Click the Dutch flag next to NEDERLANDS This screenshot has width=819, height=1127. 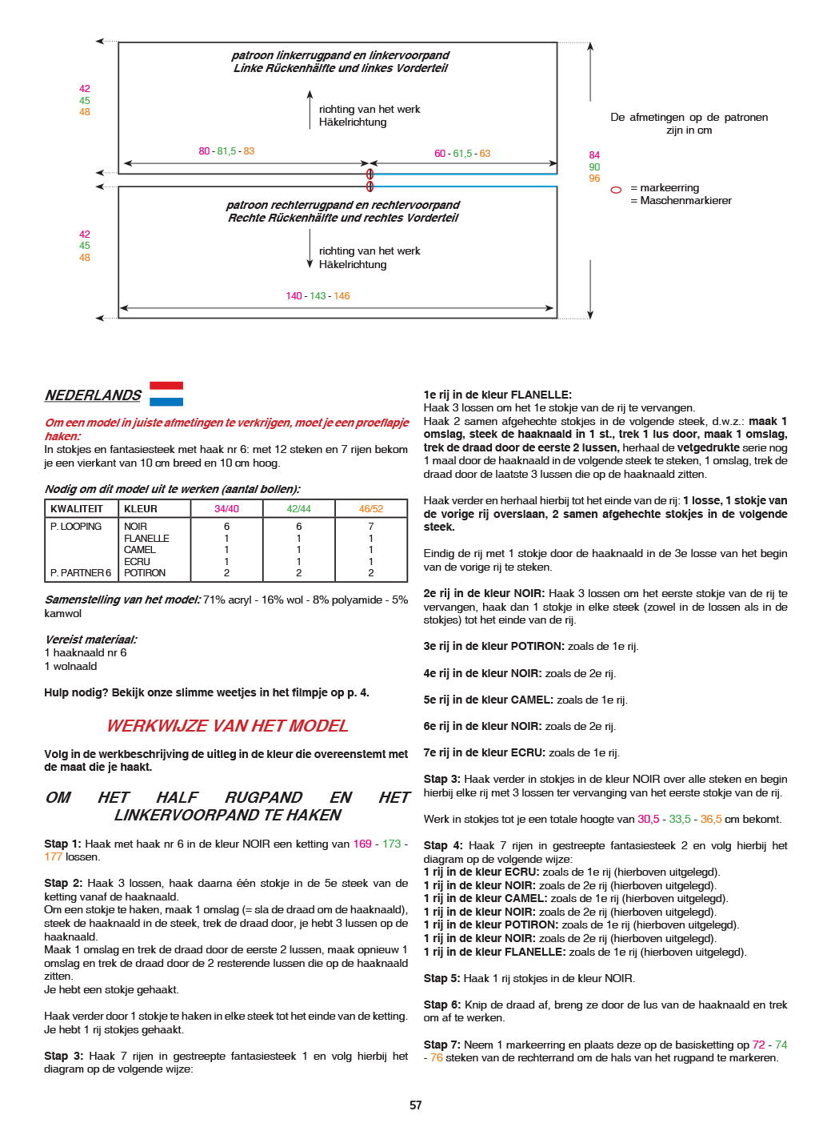click(166, 394)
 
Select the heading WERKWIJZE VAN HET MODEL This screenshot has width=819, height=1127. click(227, 726)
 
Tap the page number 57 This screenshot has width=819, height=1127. click(416, 1105)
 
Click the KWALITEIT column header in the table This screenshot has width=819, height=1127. click(77, 509)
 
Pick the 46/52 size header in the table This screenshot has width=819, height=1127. click(371, 509)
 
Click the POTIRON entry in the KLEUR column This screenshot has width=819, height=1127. click(145, 573)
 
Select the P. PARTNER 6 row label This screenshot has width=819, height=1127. click(81, 573)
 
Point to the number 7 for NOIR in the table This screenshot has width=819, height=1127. click(371, 527)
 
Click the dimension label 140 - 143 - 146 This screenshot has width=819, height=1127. click(318, 296)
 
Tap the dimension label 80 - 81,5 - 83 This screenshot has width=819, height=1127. click(226, 151)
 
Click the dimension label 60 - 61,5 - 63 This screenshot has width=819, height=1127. click(462, 154)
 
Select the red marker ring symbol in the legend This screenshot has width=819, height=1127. click(616, 191)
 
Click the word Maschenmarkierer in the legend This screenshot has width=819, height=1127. click(685, 201)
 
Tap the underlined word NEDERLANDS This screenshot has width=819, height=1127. click(93, 395)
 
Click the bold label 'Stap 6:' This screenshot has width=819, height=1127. click(441, 1005)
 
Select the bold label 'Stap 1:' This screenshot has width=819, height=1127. click(62, 844)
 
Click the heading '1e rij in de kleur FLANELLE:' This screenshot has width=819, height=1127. click(497, 395)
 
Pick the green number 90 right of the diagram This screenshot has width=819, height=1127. click(594, 167)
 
